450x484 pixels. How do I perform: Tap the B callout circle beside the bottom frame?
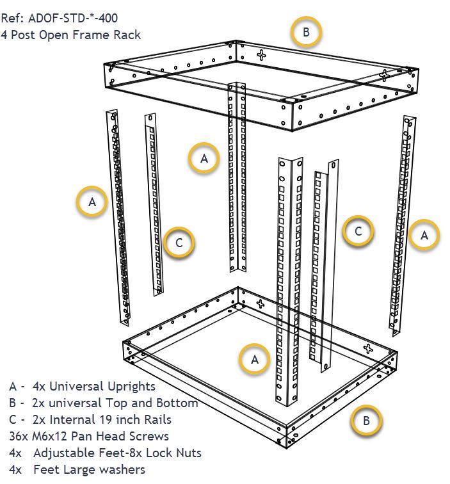(366, 421)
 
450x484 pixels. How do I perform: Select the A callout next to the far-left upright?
(92, 202)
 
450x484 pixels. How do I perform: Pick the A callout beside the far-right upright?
(424, 235)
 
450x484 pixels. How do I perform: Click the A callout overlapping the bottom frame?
(255, 359)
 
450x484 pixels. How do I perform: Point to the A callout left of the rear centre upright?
(204, 158)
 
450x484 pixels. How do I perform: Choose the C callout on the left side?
(179, 243)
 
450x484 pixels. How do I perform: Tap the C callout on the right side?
(358, 231)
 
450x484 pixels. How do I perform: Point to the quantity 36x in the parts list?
(19, 436)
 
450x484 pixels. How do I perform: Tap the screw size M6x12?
(52, 436)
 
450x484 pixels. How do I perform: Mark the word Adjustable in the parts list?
(67, 453)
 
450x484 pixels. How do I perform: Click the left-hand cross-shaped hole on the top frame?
(261, 56)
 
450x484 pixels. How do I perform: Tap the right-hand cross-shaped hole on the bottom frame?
(367, 349)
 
